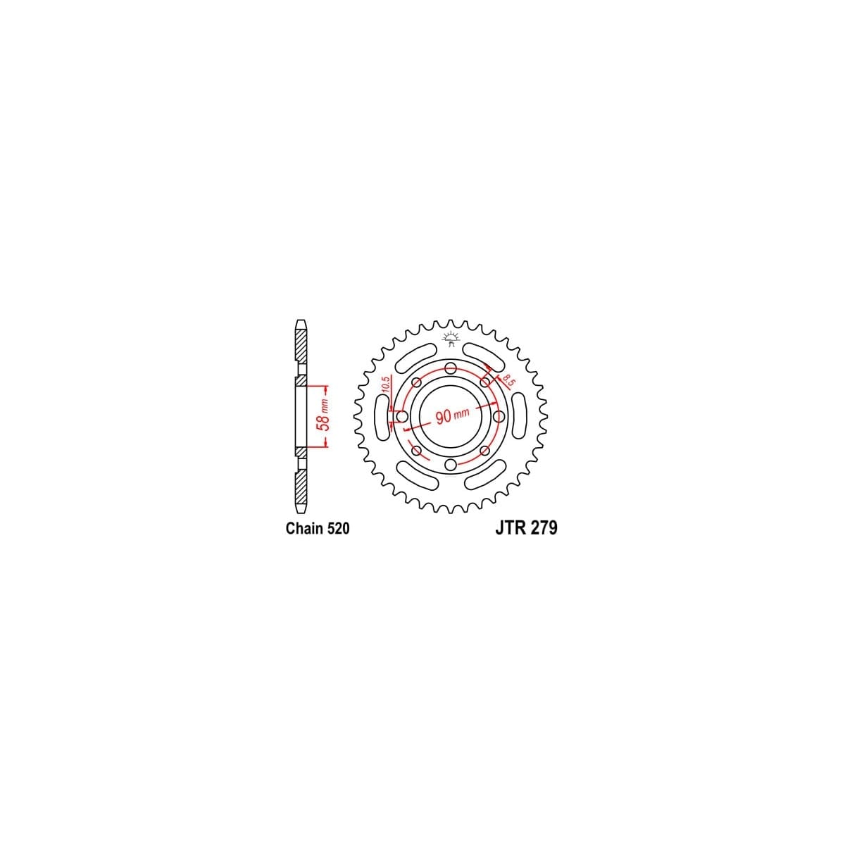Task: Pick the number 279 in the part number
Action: click(544, 528)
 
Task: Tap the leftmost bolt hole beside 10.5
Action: click(402, 417)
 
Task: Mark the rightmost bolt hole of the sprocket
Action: click(499, 417)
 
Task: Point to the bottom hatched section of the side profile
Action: click(301, 487)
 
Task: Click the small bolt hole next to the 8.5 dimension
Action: click(485, 382)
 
